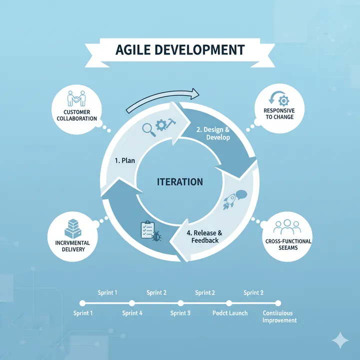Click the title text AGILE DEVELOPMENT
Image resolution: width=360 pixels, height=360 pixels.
[180, 50]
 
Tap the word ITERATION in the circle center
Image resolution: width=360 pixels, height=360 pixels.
[180, 182]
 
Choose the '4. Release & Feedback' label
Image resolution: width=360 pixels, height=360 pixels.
[205, 236]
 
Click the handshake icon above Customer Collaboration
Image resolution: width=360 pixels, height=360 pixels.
[77, 98]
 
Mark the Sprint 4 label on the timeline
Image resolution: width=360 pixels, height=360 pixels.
[132, 313]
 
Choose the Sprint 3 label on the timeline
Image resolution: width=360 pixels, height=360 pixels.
[180, 313]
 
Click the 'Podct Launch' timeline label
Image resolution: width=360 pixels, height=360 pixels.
[229, 313]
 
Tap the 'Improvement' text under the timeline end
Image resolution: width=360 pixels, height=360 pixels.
[279, 320]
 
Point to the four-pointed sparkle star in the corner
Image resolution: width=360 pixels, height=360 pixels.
[341, 340]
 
